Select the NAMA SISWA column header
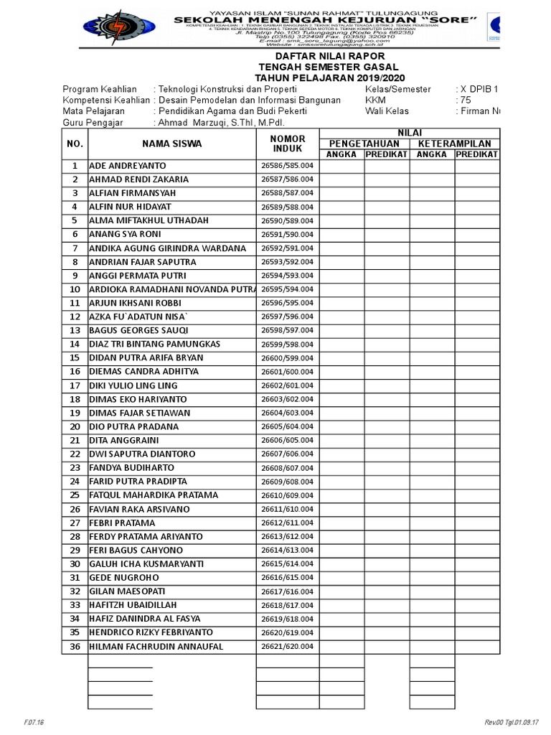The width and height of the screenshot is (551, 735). click(171, 144)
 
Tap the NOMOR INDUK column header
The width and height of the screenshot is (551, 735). click(288, 144)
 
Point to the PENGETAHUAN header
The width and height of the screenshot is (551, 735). click(364, 144)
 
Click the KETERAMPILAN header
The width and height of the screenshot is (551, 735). click(453, 144)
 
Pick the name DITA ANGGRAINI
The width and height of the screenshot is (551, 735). click(113, 440)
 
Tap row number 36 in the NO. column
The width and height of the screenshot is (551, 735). click(74, 646)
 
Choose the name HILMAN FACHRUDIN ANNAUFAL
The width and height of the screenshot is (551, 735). click(156, 646)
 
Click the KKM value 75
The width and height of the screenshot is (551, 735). click(466, 100)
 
